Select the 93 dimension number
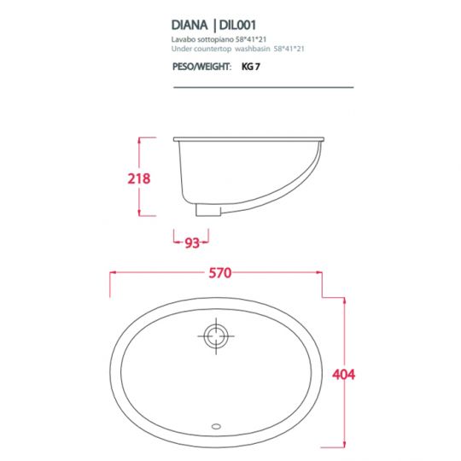pos(192,242)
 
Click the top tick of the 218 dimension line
pos(147,137)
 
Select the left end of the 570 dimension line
pos(111,274)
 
